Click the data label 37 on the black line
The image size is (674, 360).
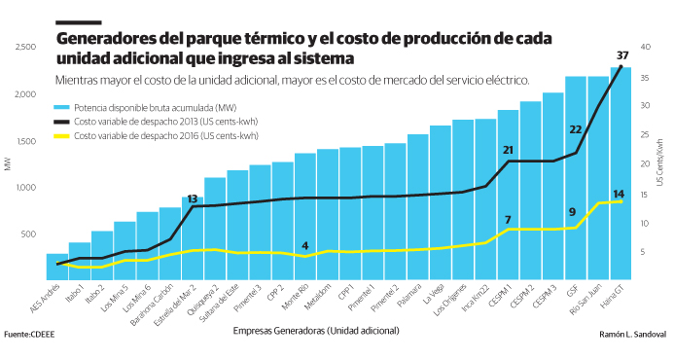622,54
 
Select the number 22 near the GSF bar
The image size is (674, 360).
575,129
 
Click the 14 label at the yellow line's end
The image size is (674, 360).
619,194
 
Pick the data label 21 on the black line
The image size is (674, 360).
507,150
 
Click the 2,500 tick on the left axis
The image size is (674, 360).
25,47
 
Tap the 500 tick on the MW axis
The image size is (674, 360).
30,234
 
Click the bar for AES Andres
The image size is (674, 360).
57,268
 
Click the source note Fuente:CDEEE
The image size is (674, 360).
27,335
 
